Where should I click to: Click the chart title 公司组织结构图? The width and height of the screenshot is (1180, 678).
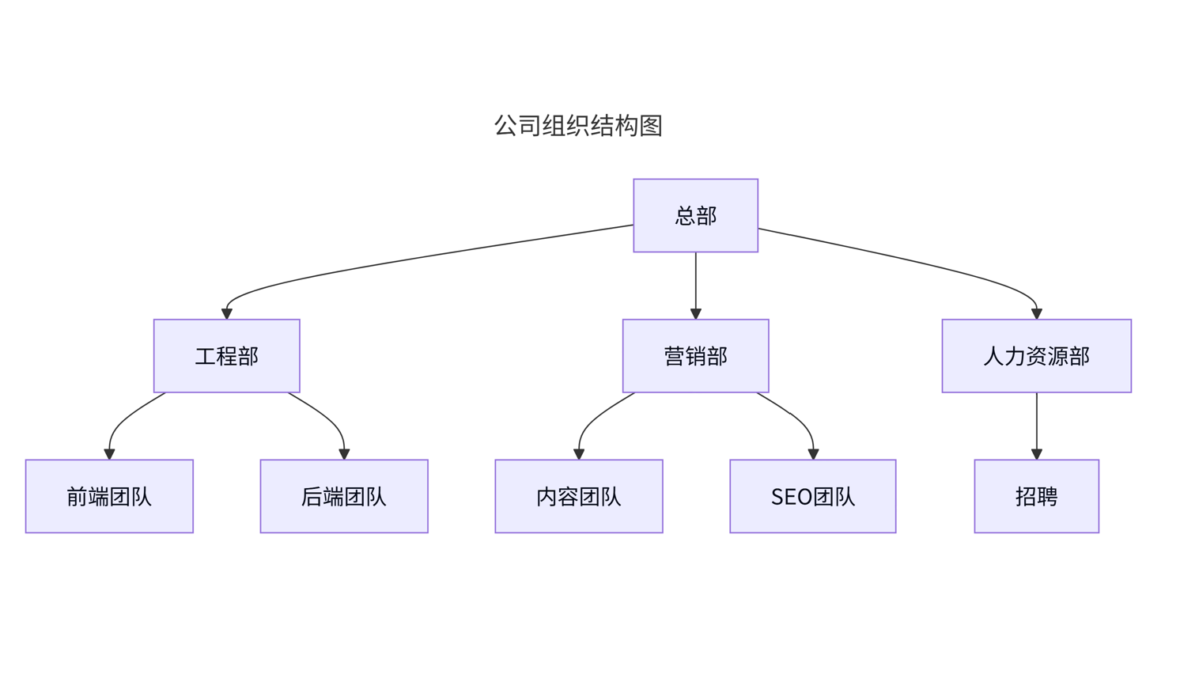click(577, 126)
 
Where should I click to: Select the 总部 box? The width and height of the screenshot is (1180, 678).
click(695, 215)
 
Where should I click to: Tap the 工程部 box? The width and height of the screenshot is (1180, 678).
click(226, 356)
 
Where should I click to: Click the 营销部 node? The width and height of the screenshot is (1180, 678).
click(695, 356)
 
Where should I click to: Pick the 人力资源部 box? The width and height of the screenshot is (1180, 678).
click(1036, 356)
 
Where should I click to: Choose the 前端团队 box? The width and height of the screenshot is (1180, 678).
click(109, 496)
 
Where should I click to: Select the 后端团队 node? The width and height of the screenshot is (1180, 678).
click(344, 496)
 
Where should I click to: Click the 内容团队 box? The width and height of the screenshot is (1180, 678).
click(578, 496)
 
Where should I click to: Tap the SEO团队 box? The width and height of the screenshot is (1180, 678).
click(812, 496)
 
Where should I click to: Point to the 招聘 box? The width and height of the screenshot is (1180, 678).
click(1036, 496)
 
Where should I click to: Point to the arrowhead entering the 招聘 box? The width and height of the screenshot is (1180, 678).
click(1036, 454)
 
